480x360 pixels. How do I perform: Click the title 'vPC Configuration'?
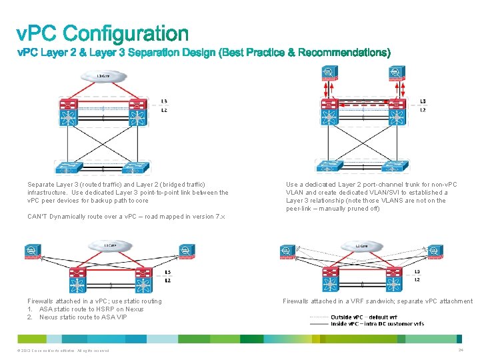pos(103,33)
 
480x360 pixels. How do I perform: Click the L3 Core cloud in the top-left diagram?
pos(103,76)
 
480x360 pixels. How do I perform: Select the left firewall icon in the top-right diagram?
pos(328,71)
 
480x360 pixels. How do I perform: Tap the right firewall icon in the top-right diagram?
pos(397,71)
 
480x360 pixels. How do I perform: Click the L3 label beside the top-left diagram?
pos(164,101)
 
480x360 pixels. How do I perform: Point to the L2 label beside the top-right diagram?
pos(423,110)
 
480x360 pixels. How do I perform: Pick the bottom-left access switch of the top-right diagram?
pos(329,167)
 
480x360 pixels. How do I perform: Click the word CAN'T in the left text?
pos(37,217)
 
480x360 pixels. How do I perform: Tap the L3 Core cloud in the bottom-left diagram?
pos(105,246)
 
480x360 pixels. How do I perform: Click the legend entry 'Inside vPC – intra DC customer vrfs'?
pos(377,324)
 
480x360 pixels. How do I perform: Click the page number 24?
pos(461,350)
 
